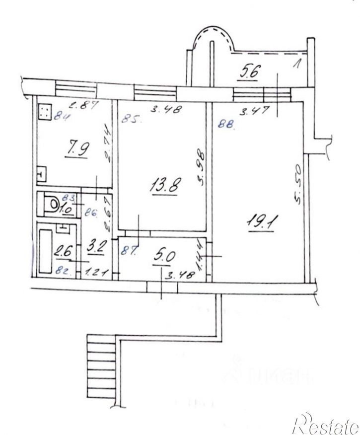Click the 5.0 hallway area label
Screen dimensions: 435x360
coord(163,256)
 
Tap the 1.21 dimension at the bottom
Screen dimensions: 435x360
coord(97,272)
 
